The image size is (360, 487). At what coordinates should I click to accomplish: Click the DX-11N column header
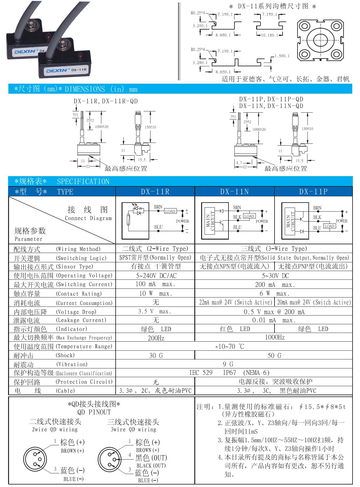click(234, 192)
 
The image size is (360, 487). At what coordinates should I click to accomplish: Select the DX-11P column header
click(313, 192)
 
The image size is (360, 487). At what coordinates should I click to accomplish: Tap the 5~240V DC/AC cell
click(155, 276)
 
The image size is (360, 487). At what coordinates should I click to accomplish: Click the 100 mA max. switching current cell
click(155, 284)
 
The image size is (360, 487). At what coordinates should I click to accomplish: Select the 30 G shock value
click(155, 355)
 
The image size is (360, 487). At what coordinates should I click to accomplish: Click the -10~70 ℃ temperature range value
click(230, 346)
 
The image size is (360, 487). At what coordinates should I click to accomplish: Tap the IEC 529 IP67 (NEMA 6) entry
click(229, 373)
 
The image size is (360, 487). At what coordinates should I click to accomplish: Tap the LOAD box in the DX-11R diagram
click(170, 211)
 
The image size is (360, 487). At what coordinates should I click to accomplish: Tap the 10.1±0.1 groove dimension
click(270, 35)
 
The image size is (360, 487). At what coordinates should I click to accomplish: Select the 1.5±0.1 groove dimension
click(282, 56)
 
